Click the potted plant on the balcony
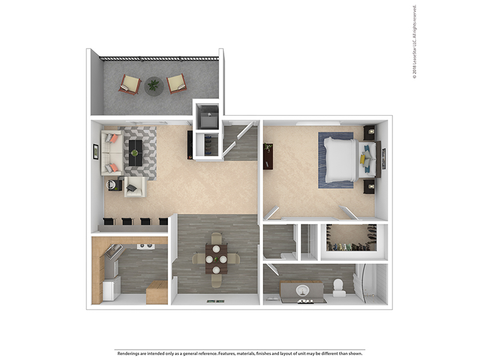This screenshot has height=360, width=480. [154, 86]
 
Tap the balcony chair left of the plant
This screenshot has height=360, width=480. [130, 84]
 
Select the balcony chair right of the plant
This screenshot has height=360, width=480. [177, 83]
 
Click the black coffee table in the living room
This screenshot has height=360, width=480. [136, 153]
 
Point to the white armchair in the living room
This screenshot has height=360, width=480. [136, 187]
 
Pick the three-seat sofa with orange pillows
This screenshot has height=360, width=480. [112, 153]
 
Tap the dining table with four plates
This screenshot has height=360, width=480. [217, 259]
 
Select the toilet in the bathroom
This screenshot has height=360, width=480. [339, 288]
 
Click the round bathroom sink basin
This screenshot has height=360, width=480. [302, 290]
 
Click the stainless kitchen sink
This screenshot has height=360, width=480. [112, 251]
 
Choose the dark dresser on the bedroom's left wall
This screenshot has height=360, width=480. [268, 156]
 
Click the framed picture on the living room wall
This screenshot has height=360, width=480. [96, 151]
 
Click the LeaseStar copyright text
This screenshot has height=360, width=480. [415, 42]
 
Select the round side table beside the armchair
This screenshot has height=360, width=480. [113, 185]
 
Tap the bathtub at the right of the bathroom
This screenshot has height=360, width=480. [371, 284]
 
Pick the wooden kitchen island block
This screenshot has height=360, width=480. [157, 292]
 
